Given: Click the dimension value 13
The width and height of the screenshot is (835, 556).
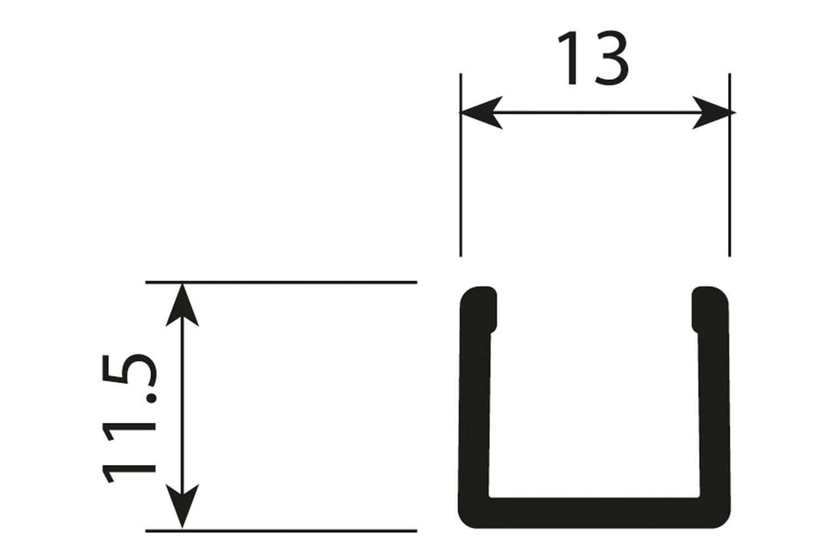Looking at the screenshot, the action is click(x=593, y=58).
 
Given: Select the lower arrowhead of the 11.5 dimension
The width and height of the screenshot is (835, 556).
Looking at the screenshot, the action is click(x=182, y=506).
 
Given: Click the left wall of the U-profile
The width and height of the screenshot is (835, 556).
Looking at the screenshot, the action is click(x=474, y=411).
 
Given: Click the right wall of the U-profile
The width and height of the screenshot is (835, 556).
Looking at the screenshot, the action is click(x=714, y=411).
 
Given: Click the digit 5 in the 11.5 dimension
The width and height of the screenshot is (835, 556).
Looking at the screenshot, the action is click(x=129, y=373).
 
